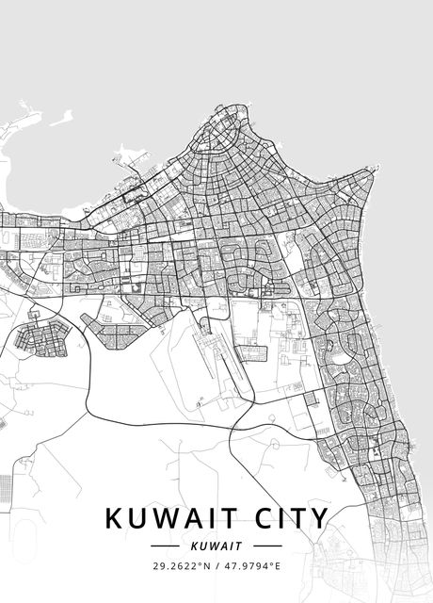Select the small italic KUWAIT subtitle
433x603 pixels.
click(x=216, y=546)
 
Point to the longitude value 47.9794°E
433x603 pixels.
click(x=255, y=566)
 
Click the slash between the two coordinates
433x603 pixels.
click(x=216, y=566)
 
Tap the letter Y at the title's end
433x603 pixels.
click(x=320, y=518)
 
